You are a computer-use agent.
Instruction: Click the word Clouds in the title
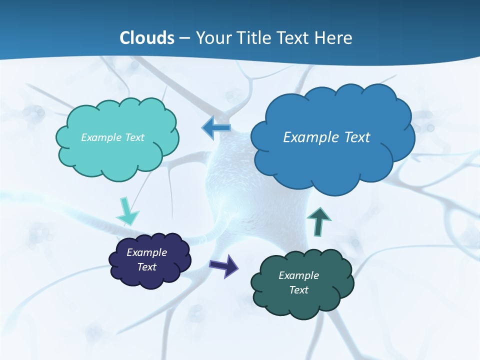point(147,38)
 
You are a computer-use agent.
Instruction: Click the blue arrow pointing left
point(216,127)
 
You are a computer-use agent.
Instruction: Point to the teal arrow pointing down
point(127,211)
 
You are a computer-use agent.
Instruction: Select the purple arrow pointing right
point(224,265)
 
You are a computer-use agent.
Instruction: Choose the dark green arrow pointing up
point(318,221)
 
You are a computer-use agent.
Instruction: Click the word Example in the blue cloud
point(308,137)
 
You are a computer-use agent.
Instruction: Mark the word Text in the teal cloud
point(134,137)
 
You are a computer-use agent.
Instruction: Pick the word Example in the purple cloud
point(146,252)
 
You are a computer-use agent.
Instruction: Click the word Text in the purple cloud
point(146,267)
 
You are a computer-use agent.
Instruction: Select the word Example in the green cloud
point(298,275)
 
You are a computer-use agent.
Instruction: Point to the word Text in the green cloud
point(298,290)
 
